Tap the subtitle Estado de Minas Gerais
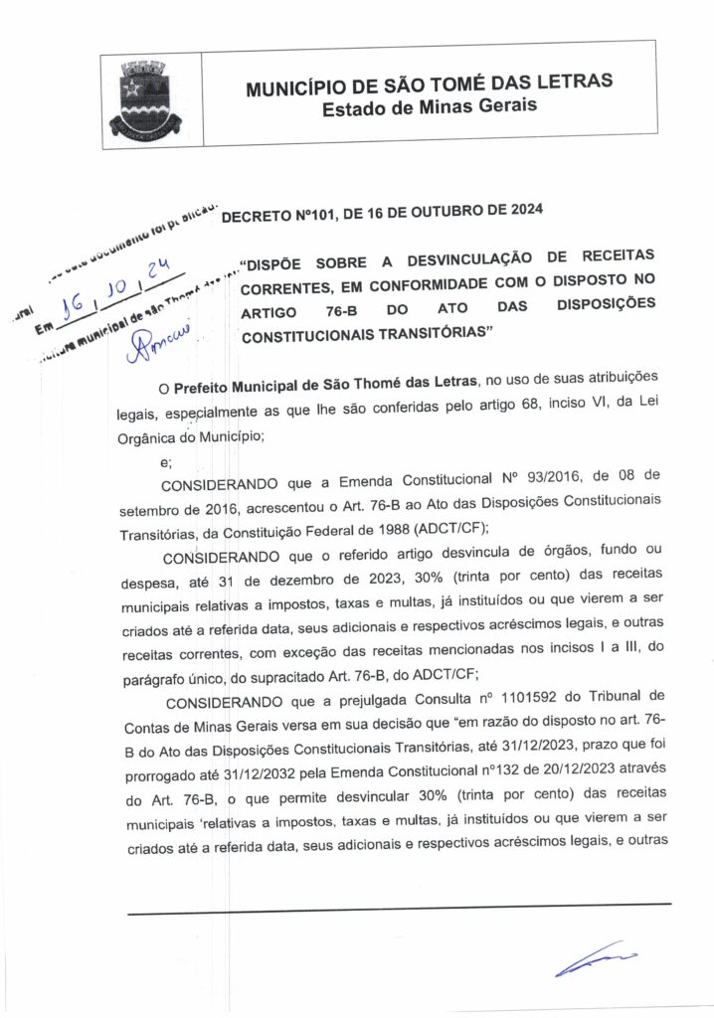point(429,106)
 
